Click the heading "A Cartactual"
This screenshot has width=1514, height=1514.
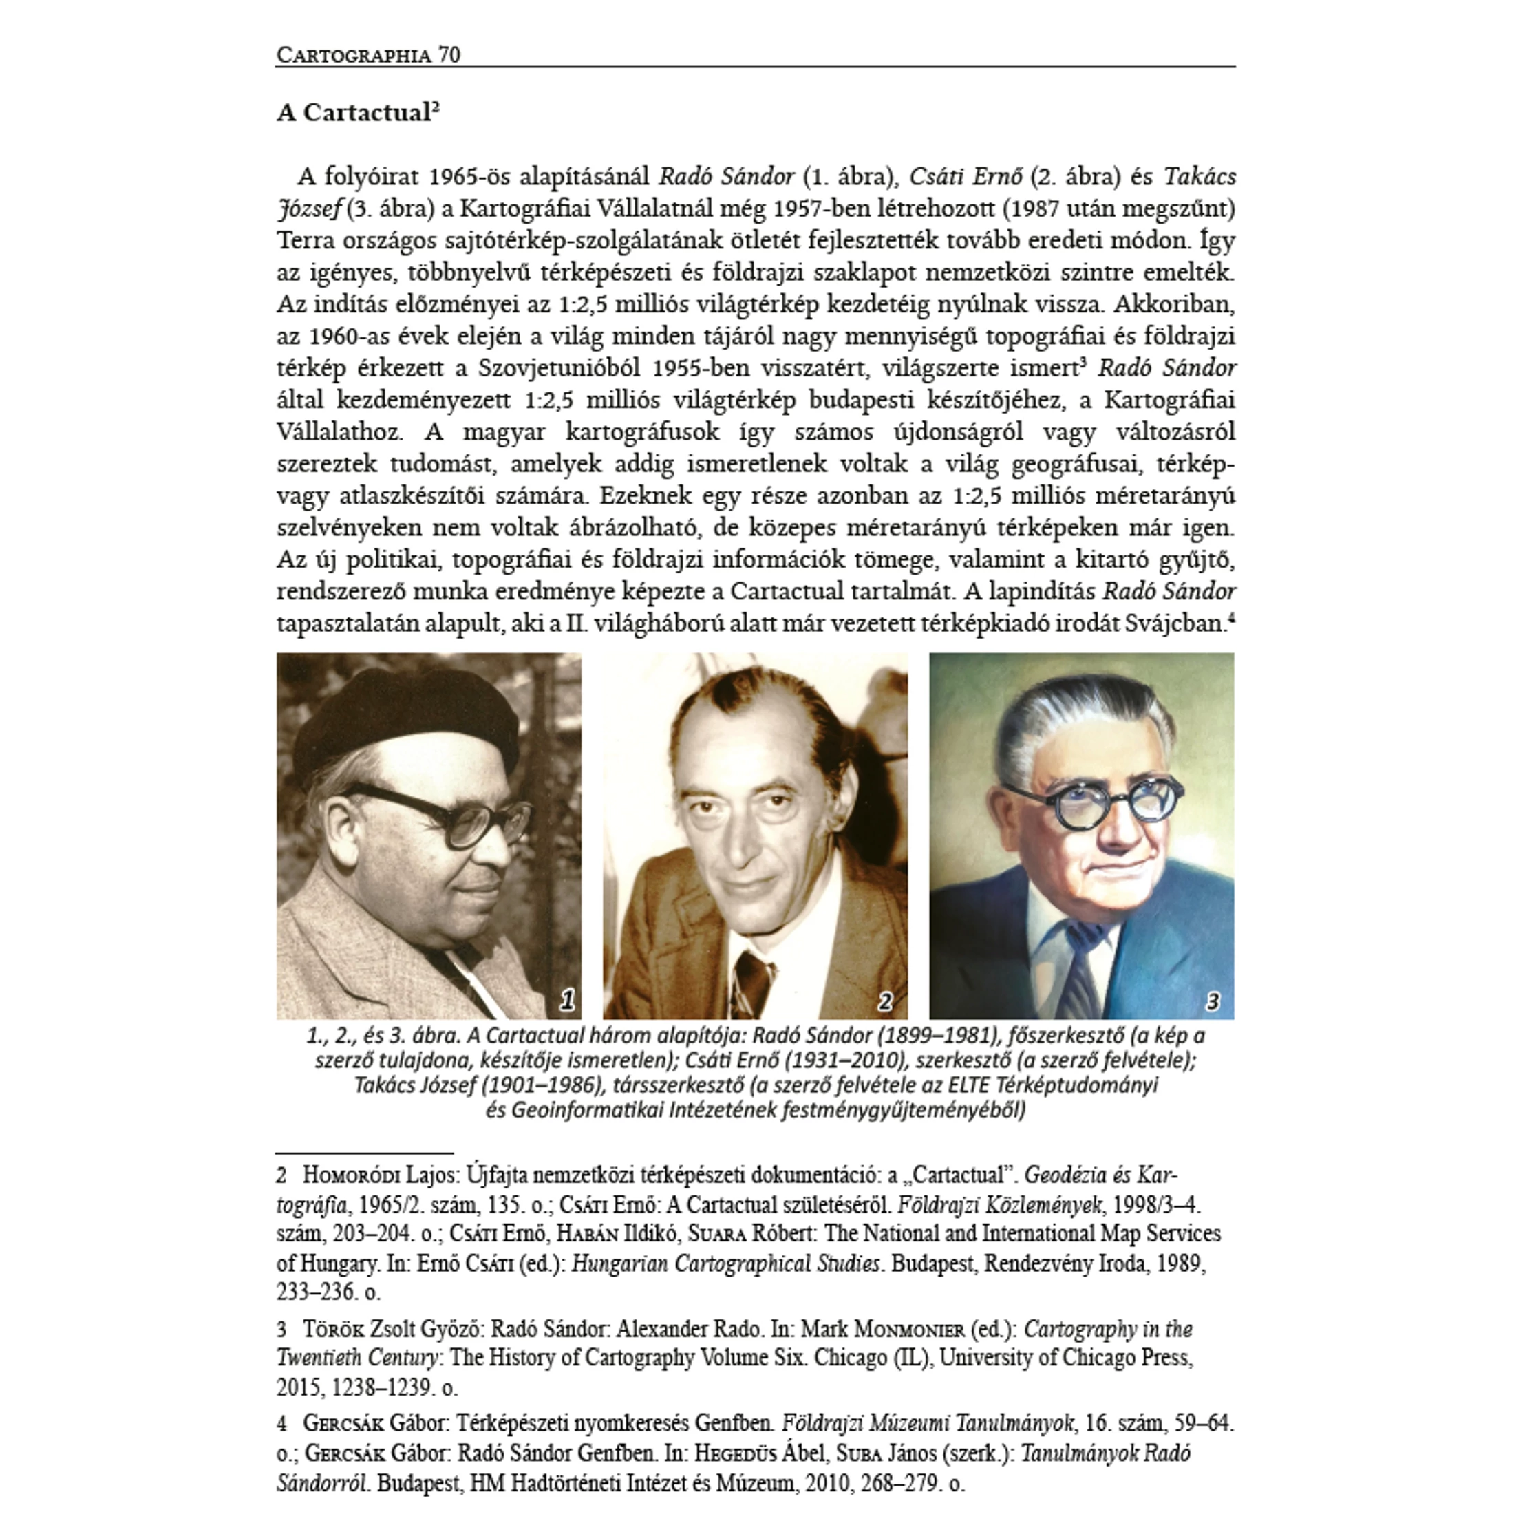(x=357, y=113)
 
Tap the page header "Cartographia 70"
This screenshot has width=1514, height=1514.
(x=368, y=55)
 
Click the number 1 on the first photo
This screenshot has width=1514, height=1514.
(x=567, y=1000)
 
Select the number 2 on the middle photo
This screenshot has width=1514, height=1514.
(x=886, y=1001)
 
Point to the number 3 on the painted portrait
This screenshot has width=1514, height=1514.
(x=1213, y=1001)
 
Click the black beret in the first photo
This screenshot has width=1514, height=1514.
(x=423, y=725)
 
